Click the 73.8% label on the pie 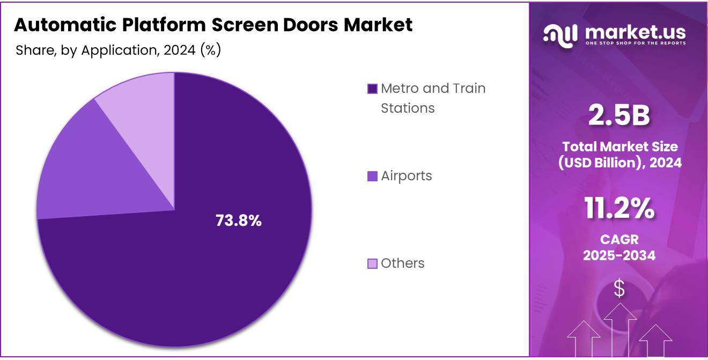tap(238, 221)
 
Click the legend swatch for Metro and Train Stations tap(372, 89)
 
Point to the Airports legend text tap(406, 176)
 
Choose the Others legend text tap(402, 263)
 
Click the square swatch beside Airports tap(372, 177)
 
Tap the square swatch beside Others tap(372, 264)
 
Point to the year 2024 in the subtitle tap(180, 50)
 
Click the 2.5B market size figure tap(619, 116)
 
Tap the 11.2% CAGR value tap(619, 209)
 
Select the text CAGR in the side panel tap(619, 239)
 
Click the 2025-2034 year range tap(619, 255)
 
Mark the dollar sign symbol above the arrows tap(619, 289)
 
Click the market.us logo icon tap(560, 35)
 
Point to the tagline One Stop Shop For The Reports tap(635, 43)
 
